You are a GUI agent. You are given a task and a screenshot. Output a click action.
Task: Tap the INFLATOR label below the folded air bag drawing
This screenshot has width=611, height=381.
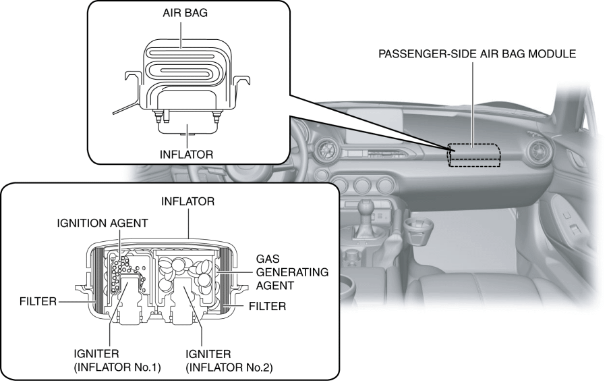[186, 154]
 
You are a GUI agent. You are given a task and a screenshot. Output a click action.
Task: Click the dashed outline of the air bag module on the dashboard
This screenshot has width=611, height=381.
[475, 155]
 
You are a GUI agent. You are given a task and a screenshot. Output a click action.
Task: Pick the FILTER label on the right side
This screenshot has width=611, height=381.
[268, 306]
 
